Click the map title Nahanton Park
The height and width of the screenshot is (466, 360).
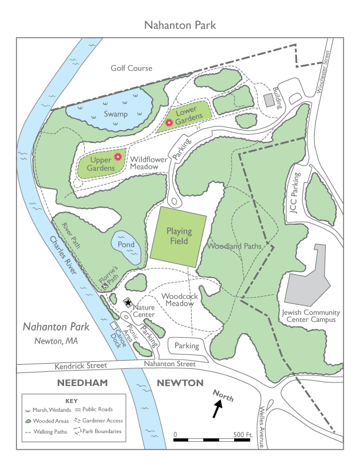pos(180,25)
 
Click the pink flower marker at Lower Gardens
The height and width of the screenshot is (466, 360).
pos(169,122)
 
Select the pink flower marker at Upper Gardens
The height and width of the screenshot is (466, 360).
pos(118,157)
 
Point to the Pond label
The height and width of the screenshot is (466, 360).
pos(126,244)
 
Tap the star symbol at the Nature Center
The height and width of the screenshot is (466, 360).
pos(128,302)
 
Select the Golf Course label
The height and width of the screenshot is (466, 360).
pos(131,68)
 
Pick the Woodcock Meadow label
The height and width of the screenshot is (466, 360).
pos(179,300)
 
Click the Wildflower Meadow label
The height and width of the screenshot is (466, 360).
pos(149,163)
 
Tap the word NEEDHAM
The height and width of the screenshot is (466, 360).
pos(80,383)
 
